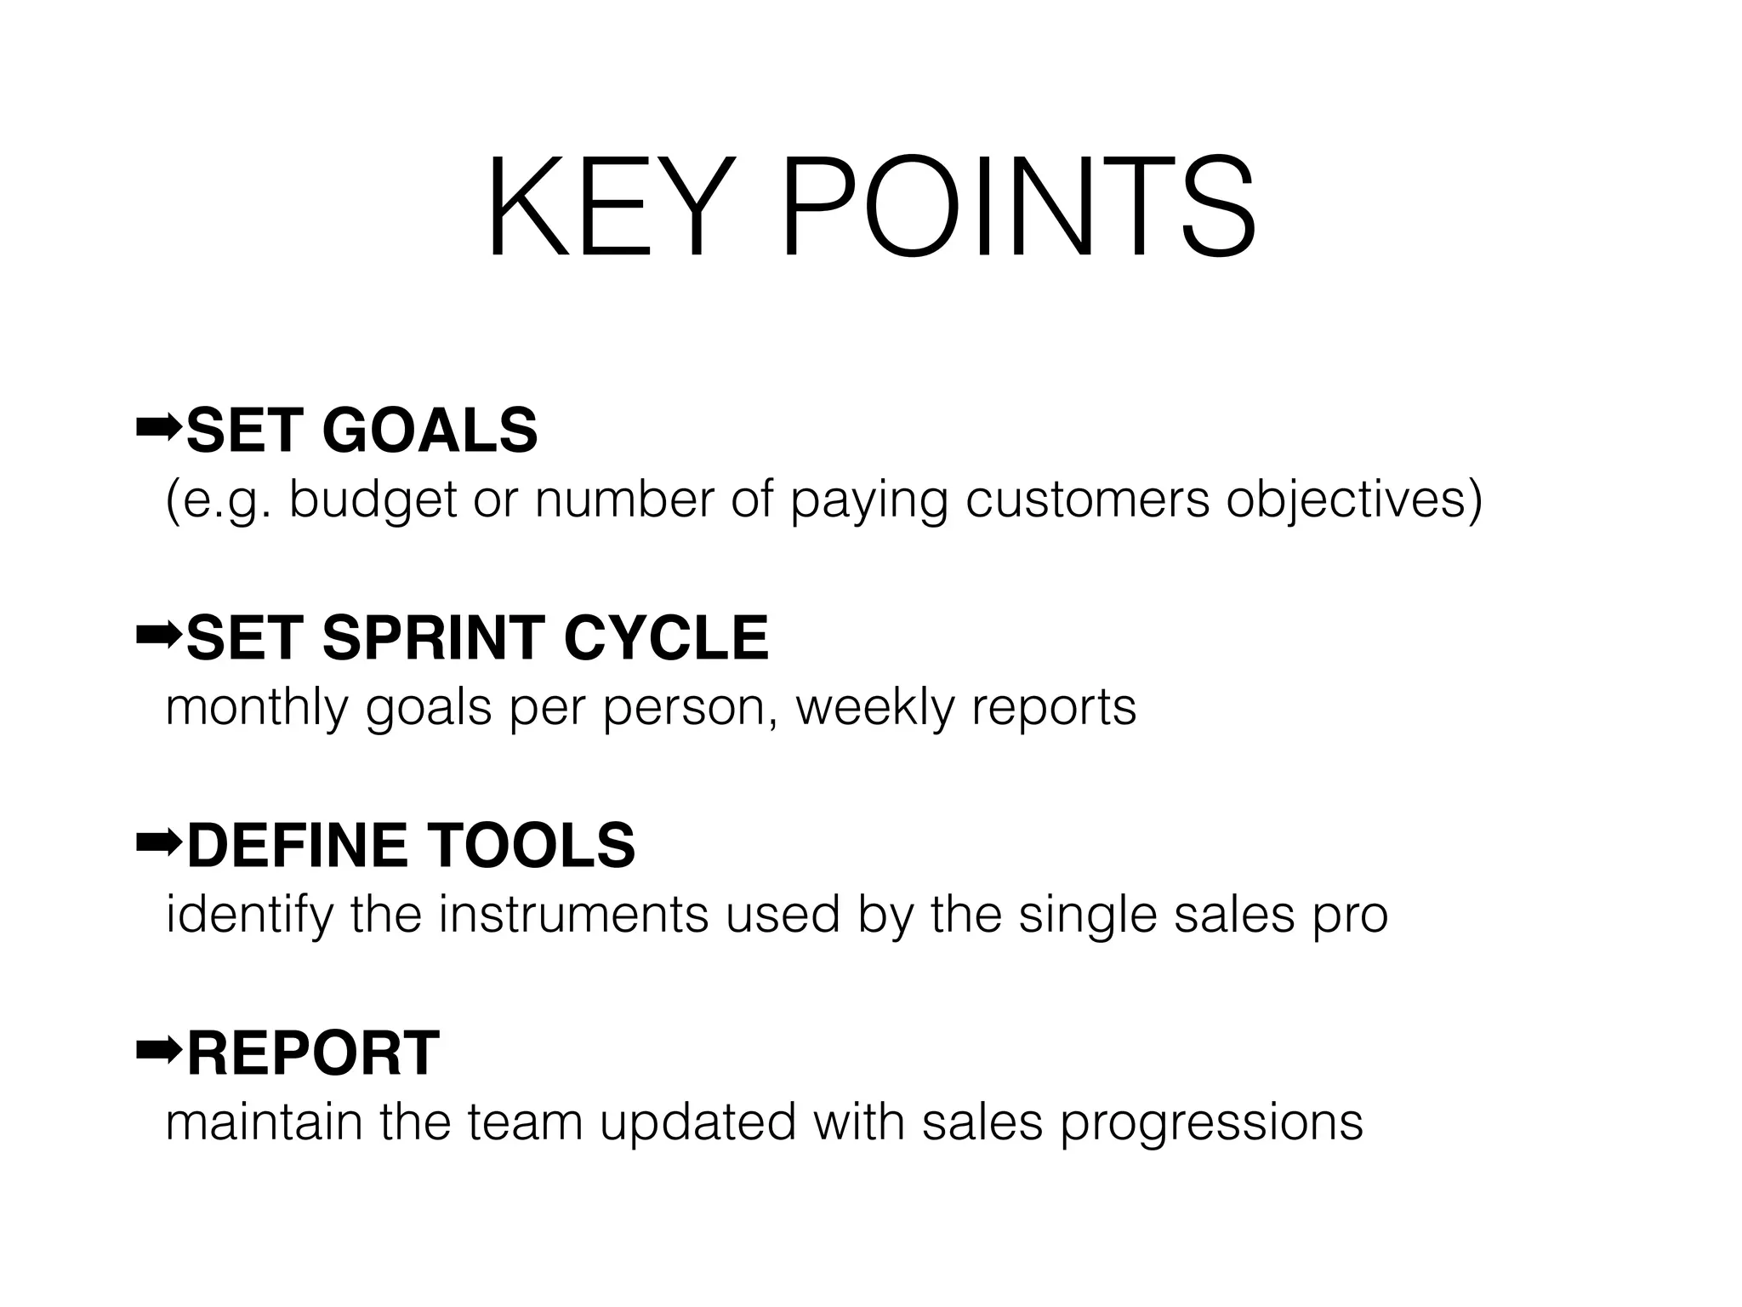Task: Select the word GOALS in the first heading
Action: [x=430, y=431]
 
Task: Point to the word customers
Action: [x=1087, y=500]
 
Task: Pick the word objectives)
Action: [x=1353, y=500]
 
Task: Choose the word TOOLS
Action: [x=531, y=846]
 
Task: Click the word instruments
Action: [x=573, y=915]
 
